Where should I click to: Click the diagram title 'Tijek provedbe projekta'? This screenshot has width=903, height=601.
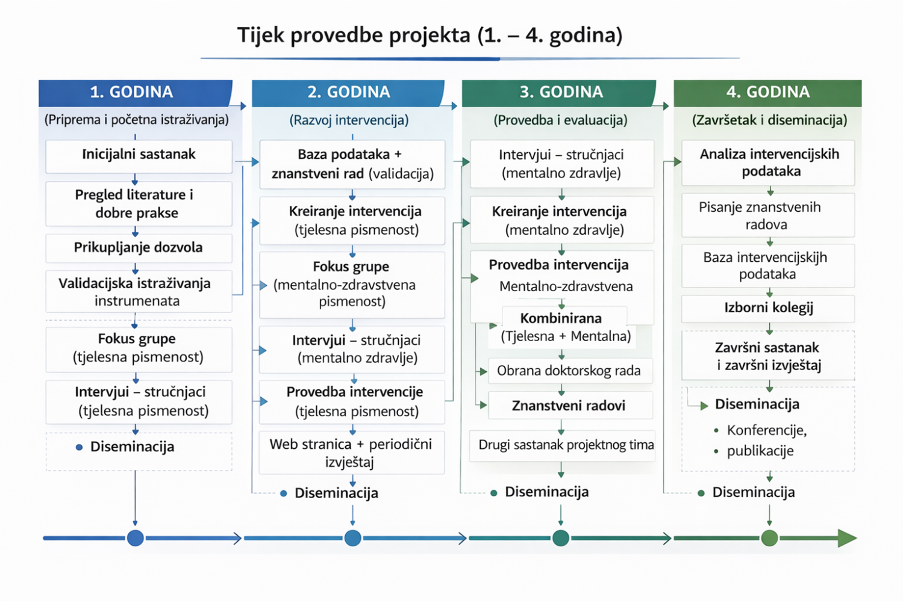point(430,35)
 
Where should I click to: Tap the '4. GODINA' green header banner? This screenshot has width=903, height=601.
point(767,92)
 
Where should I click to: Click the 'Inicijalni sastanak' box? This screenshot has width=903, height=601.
point(139,155)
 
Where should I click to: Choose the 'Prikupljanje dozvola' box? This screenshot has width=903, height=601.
point(139,248)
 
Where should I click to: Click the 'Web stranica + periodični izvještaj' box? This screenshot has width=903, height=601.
point(351,452)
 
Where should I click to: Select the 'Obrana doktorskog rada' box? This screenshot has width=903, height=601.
point(569,371)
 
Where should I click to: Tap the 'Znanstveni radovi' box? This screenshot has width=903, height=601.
point(569,405)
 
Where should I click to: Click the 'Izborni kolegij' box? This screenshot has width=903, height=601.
point(768,308)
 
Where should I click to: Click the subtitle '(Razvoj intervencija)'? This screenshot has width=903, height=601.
point(349,120)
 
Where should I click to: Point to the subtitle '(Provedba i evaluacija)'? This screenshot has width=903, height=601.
point(560,120)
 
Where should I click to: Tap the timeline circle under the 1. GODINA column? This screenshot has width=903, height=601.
point(135,538)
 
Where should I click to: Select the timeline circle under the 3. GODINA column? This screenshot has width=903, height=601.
point(561,538)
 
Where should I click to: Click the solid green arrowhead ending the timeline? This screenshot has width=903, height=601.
point(846,538)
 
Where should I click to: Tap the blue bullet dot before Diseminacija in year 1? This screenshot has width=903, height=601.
point(79,447)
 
